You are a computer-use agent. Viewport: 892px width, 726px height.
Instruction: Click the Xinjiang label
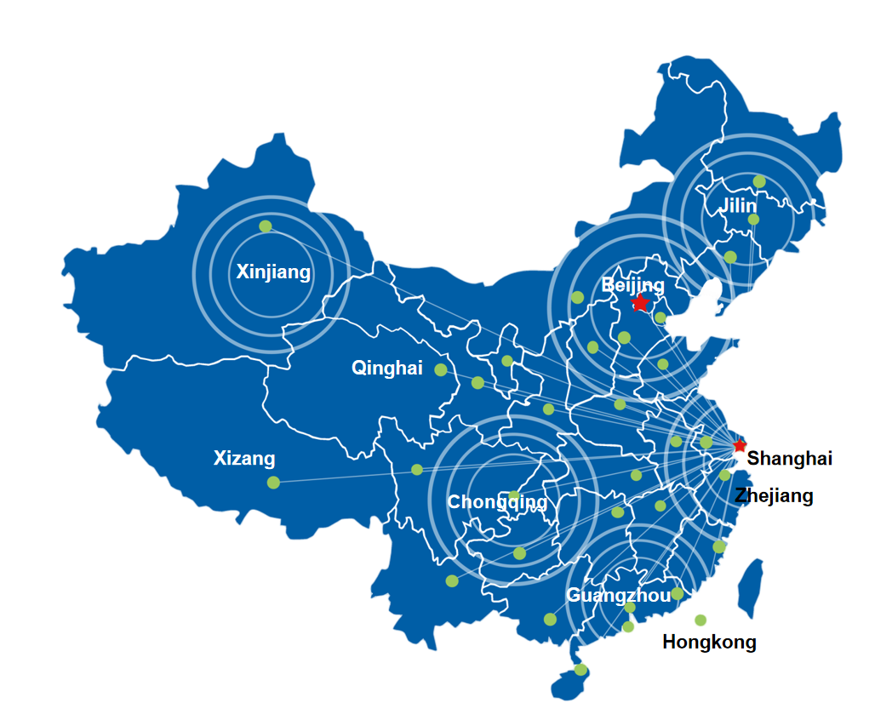[x=273, y=272]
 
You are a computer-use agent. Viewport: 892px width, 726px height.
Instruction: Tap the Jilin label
[x=737, y=205]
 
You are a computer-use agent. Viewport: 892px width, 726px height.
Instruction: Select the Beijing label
[x=632, y=284]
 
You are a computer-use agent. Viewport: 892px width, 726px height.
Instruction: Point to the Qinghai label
[x=386, y=369]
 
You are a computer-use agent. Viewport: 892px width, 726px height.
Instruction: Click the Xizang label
[x=244, y=459]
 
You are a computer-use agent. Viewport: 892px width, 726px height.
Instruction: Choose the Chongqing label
[x=497, y=502]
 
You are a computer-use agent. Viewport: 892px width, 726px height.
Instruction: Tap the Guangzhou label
[x=618, y=595]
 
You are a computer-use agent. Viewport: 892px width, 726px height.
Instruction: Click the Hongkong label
[x=709, y=642]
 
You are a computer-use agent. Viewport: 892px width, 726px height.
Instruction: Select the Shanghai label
[x=789, y=459]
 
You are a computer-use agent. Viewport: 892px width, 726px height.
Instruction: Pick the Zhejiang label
[x=774, y=495]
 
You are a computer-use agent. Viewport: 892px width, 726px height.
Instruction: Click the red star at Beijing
[x=640, y=303]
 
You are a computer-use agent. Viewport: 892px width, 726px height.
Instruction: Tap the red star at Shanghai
[x=740, y=445]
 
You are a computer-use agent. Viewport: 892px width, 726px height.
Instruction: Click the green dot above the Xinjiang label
[x=266, y=226]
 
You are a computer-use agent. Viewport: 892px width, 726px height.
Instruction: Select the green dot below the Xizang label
[x=273, y=483]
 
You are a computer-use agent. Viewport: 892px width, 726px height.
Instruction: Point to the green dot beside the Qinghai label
[x=441, y=369]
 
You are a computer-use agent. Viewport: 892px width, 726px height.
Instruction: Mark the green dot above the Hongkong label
[x=700, y=620]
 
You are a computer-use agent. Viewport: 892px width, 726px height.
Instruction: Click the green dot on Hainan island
[x=580, y=670]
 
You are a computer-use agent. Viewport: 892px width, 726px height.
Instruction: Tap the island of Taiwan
[x=749, y=587]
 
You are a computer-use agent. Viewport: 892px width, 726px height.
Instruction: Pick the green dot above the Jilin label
[x=759, y=181]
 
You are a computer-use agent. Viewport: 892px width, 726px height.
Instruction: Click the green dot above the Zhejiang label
[x=725, y=476]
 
